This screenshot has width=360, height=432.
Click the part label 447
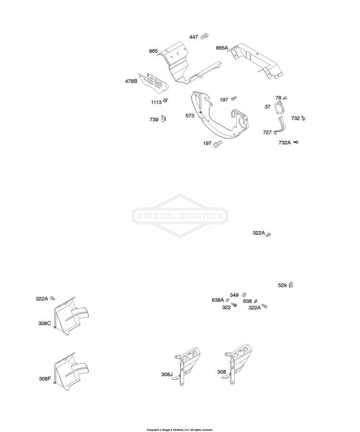[x=193, y=37]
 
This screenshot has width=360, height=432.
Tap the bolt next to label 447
[x=204, y=36]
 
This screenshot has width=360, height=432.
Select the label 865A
[x=222, y=48]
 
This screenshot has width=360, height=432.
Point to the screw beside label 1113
[x=166, y=100]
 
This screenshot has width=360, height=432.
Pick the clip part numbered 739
[x=163, y=119]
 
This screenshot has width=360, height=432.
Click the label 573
[x=190, y=116]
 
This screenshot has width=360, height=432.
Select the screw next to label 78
[x=285, y=98]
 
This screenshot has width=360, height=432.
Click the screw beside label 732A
[x=296, y=142]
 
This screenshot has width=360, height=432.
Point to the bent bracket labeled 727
[x=280, y=126]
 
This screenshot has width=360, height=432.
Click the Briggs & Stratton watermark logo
[x=180, y=216]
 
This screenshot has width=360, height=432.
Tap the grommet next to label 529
[x=291, y=285]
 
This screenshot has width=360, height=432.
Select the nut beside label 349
[x=244, y=295]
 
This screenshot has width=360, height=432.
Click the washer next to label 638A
[x=228, y=300]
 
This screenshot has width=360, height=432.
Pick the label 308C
[x=45, y=323]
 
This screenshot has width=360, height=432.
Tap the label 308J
[x=167, y=374]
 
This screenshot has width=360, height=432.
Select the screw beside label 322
[x=234, y=304]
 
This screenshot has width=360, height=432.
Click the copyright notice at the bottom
[x=180, y=430]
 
